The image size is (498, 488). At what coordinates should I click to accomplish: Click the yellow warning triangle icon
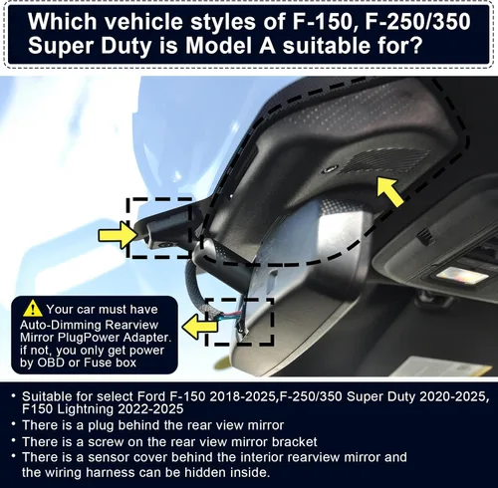tap(33, 309)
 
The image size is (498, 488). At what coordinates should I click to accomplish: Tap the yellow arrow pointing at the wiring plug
tap(200, 327)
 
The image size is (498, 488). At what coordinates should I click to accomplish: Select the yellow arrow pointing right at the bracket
tap(119, 235)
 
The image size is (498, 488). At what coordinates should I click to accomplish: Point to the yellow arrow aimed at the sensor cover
tap(390, 191)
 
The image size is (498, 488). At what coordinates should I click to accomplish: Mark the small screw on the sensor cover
tap(330, 168)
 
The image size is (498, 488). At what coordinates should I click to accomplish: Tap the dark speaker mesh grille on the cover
tap(385, 160)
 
